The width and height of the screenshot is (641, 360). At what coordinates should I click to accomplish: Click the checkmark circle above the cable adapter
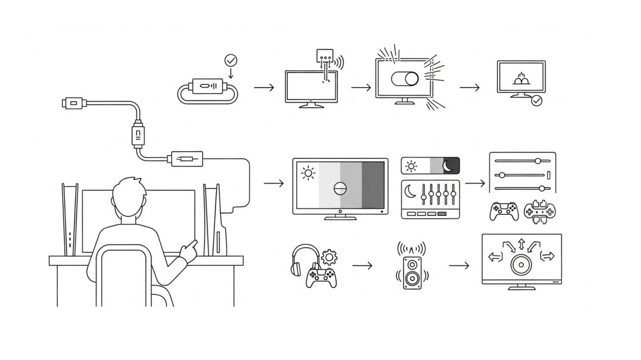click(x=231, y=60)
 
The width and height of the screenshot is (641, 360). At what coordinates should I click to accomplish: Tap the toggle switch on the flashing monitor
click(x=405, y=79)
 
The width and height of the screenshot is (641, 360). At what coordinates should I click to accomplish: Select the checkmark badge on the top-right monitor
click(x=537, y=101)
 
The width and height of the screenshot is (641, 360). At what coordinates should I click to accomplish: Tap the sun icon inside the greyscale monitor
click(x=308, y=173)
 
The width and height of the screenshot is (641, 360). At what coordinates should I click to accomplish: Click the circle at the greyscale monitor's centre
click(x=341, y=188)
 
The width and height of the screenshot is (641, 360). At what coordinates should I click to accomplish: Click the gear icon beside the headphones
click(x=329, y=256)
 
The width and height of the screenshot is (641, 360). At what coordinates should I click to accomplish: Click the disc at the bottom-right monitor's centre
click(x=521, y=265)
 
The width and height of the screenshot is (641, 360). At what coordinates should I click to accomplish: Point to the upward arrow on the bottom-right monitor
click(x=521, y=245)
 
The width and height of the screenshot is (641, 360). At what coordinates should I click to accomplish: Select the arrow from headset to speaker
click(x=362, y=266)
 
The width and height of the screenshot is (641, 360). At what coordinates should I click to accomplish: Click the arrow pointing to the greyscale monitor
click(x=274, y=183)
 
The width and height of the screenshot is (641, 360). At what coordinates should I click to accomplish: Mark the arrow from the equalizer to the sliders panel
click(x=474, y=183)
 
